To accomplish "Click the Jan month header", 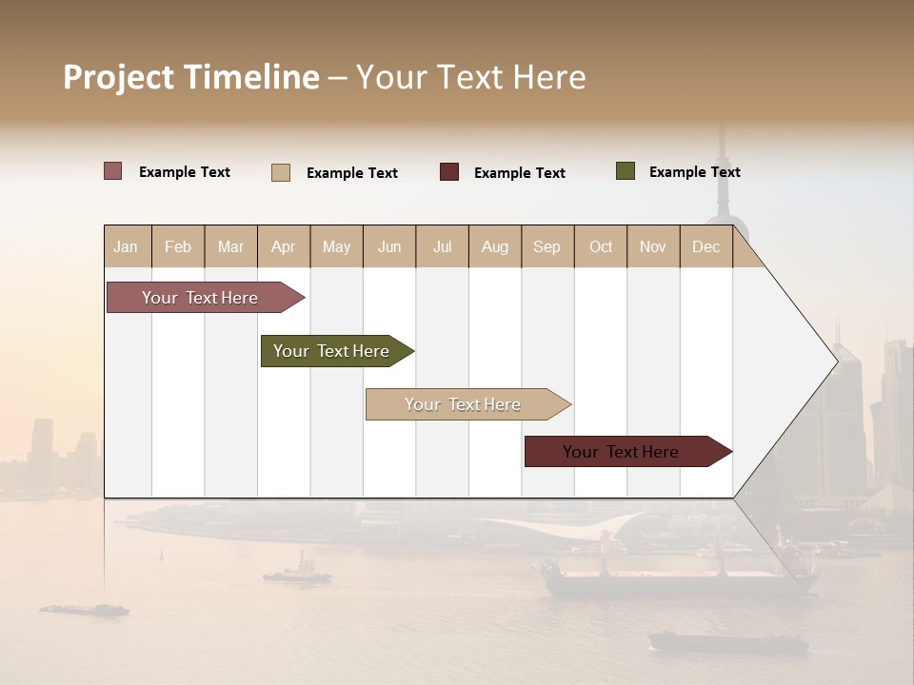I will (127, 246).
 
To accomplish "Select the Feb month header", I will (178, 246).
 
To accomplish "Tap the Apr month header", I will (284, 246).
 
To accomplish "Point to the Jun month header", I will (389, 246).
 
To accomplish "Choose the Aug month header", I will (495, 246).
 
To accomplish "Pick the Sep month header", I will (547, 246).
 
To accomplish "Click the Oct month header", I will (601, 246).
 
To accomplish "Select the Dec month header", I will (706, 246).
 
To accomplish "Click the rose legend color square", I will (113, 171).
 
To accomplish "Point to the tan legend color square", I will (281, 172).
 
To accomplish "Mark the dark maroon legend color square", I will (449, 172).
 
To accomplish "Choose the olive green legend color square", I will (626, 171).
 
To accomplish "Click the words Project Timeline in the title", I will (191, 77).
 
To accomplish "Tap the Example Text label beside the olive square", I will (694, 172).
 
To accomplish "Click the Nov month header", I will (653, 246).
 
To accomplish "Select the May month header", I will (336, 246).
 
